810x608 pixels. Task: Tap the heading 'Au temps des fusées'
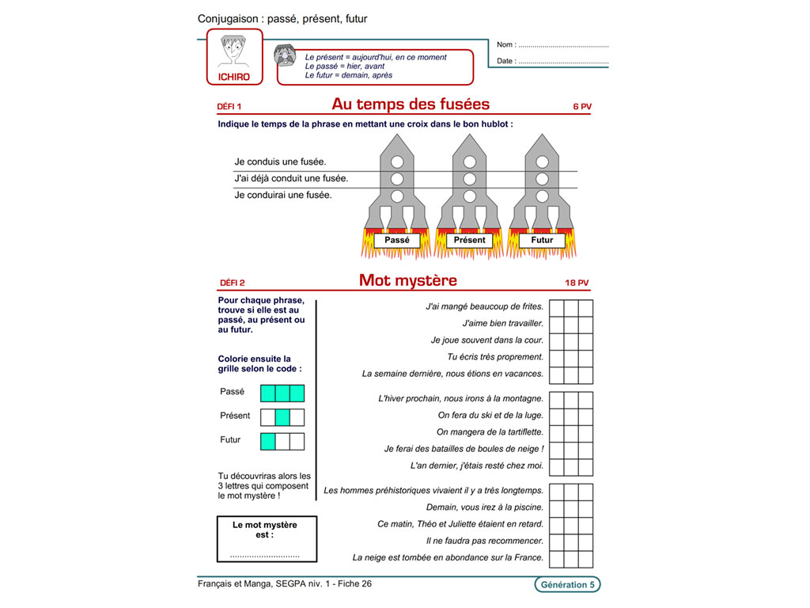(x=411, y=104)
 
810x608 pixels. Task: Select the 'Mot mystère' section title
(x=407, y=280)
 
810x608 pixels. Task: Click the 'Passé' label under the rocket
(x=397, y=240)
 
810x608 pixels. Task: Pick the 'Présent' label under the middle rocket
(x=470, y=240)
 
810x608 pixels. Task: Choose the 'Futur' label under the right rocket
(x=542, y=240)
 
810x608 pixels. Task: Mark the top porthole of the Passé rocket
(x=398, y=161)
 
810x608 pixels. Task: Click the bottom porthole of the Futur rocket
(x=542, y=196)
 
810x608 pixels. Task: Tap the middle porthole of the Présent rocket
(x=470, y=179)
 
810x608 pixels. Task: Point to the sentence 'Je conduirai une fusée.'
(x=283, y=195)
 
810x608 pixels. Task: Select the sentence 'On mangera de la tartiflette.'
(x=490, y=432)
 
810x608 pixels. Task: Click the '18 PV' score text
(x=577, y=283)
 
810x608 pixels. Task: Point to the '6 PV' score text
(x=581, y=106)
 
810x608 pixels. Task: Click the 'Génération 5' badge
(x=566, y=585)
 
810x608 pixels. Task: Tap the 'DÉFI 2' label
(x=232, y=283)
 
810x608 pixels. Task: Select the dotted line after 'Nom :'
(x=563, y=45)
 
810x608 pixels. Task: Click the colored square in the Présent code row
(x=282, y=416)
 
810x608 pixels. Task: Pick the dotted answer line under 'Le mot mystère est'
(x=266, y=556)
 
